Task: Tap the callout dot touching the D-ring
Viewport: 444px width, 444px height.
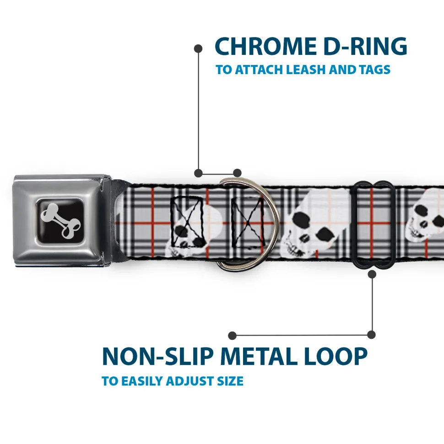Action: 237,173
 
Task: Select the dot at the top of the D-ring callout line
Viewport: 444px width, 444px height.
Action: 198,48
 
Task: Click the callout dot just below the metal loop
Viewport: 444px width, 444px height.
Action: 372,274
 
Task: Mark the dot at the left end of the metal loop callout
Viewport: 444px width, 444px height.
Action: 233,335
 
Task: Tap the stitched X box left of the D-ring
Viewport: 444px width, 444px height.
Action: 187,219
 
